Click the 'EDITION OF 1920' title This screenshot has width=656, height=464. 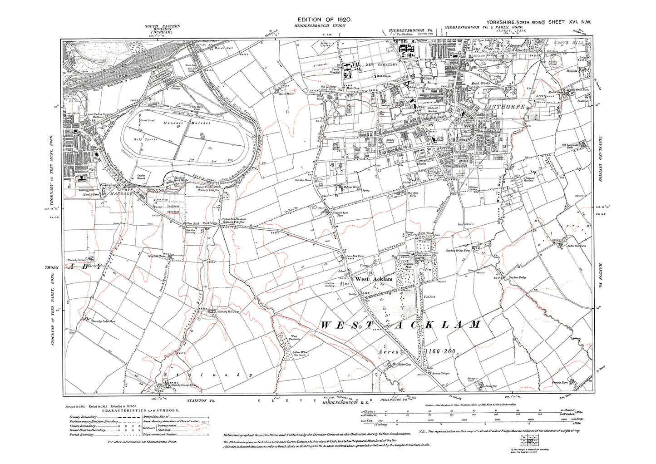point(324,20)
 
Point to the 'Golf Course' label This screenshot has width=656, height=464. point(148,139)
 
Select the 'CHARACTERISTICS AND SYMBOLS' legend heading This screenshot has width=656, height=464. point(140,410)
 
